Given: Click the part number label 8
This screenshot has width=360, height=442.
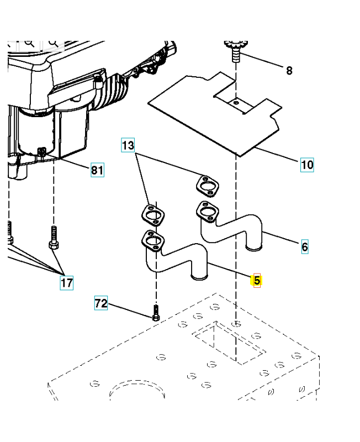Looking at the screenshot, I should coord(289,70).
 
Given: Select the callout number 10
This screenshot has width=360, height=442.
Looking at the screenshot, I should coord(307,164).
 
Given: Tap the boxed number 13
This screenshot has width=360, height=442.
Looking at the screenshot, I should coord(128,145).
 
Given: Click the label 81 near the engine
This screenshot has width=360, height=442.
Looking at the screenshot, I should coord(97,170).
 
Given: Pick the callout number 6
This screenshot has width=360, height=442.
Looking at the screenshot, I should coord(305,246).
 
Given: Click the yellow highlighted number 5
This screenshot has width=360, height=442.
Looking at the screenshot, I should coord(256,281).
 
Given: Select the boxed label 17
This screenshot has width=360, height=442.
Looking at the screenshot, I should coord(66,283).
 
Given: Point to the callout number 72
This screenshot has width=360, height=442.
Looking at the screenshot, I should coord(100,303).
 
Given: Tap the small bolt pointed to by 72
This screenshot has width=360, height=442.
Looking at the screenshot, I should coord(156,313).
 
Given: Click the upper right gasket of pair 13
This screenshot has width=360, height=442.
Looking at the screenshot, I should coord(208,186).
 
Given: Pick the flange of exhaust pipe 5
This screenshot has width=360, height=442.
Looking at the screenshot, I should coord(153,240).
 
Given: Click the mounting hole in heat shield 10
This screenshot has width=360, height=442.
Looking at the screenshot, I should coord(236,103).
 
